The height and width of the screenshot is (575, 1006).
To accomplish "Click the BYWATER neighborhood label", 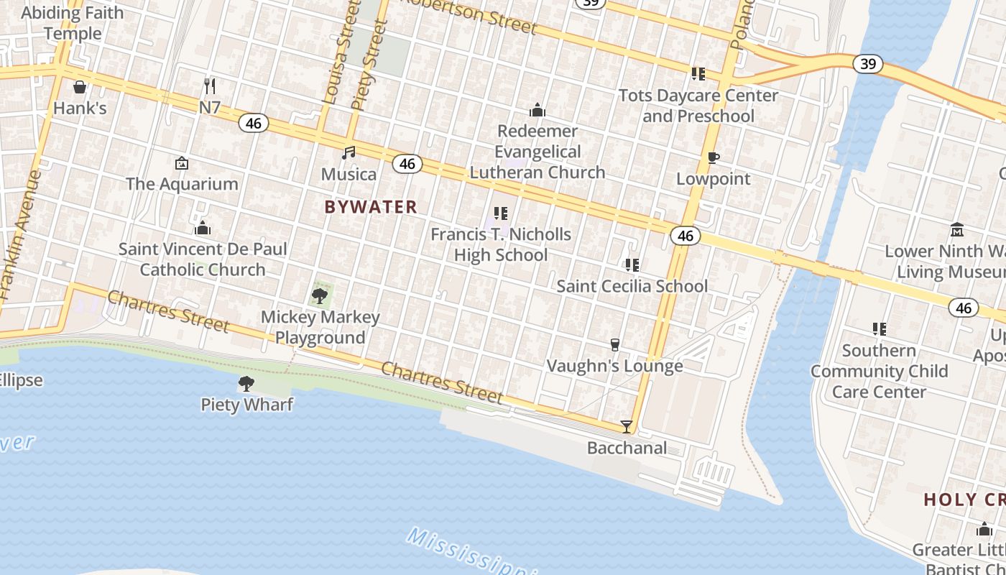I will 370,207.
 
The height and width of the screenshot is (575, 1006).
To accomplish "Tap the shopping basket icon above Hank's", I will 80,87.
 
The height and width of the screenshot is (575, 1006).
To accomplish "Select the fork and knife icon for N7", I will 210,86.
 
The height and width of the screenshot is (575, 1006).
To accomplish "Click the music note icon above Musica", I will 349,153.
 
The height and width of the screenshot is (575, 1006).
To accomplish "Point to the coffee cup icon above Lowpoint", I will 713,157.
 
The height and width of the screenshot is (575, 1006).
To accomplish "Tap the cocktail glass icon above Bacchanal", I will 627,427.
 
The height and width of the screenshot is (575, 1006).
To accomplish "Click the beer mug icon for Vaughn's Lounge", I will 615,345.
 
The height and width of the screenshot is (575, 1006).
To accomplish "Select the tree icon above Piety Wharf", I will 246,384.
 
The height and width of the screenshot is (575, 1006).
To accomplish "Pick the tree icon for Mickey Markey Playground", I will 320,295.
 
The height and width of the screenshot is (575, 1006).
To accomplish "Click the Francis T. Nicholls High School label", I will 501,244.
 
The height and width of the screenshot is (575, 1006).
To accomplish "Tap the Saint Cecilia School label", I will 632,286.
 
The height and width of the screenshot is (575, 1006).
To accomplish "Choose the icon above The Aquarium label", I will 182,163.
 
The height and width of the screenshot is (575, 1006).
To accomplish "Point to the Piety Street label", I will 369,65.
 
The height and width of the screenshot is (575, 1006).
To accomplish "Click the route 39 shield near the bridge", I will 868,64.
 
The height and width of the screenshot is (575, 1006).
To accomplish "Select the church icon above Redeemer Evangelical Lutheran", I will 537,111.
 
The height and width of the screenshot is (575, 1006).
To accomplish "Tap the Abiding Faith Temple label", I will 73,23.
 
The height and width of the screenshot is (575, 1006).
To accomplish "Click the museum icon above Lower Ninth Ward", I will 957,230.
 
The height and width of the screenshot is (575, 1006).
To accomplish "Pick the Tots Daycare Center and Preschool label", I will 698,106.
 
